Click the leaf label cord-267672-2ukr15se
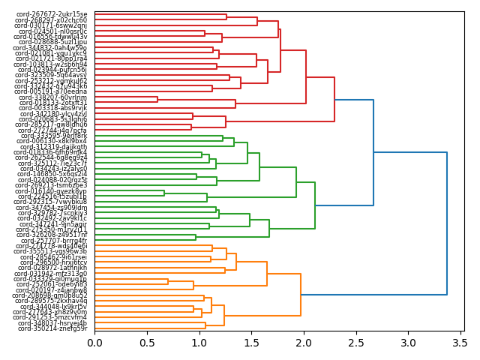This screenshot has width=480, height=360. [x=52, y=14]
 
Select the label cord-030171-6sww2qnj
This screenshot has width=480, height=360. [x=50, y=25]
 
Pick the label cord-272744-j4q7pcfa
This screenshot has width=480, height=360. [x=52, y=130]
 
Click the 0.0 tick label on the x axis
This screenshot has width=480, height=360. [x=94, y=343]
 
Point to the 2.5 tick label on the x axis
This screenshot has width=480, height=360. [x=355, y=343]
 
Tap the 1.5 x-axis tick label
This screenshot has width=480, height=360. [x=251, y=343]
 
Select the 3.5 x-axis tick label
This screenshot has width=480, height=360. [x=460, y=343]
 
